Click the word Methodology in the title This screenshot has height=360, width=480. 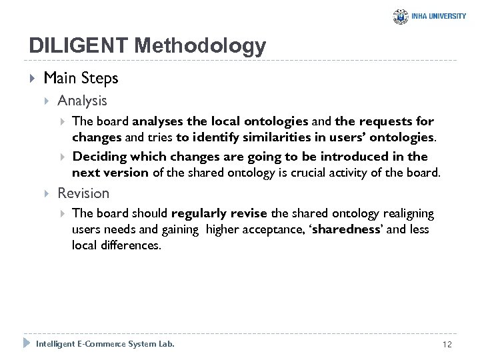(199, 46)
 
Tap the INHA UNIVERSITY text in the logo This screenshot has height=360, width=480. (439, 16)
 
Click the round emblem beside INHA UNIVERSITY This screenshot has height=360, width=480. (400, 17)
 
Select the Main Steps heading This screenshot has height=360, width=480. (81, 78)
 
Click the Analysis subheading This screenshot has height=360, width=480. (82, 101)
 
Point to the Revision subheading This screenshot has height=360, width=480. (83, 193)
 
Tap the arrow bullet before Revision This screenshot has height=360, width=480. (47, 193)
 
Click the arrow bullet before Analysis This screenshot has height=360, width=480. (47, 101)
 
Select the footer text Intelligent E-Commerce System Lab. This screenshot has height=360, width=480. (105, 343)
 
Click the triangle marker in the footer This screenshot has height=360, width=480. (27, 343)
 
